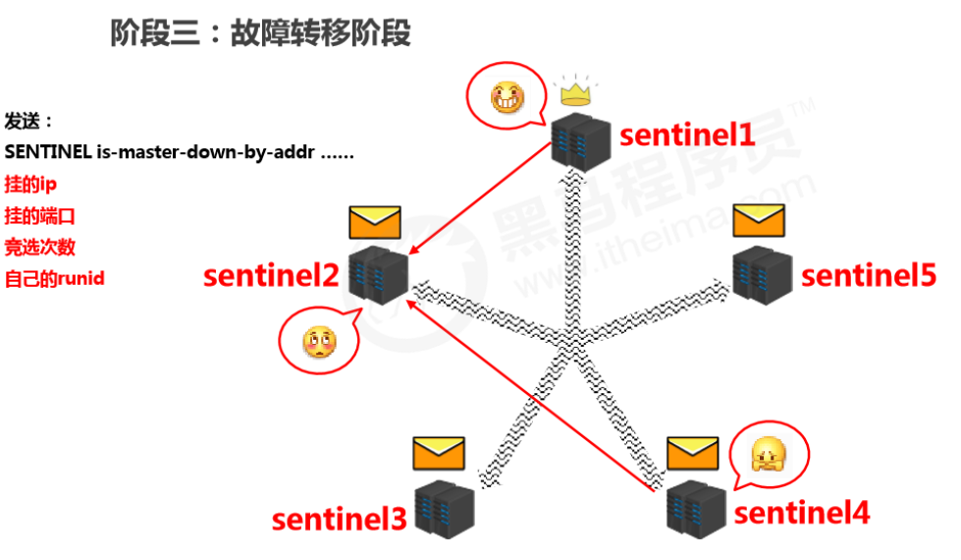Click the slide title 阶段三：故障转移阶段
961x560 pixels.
[260, 33]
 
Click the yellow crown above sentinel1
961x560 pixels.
[577, 93]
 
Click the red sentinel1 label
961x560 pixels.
[687, 135]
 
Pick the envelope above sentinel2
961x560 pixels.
[375, 222]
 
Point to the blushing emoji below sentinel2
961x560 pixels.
[319, 341]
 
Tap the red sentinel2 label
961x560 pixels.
[271, 276]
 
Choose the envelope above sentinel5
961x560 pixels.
[759, 220]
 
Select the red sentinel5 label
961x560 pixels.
[869, 275]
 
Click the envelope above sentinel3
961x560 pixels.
[438, 453]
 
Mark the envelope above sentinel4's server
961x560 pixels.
[693, 453]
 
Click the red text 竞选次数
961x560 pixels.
[40, 247]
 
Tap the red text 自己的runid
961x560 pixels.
[55, 278]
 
